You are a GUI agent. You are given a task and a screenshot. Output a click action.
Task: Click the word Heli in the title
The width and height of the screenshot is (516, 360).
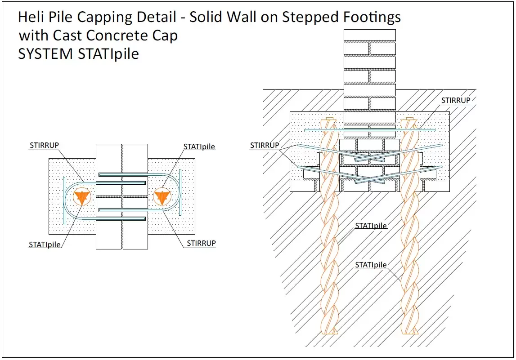(x=31, y=18)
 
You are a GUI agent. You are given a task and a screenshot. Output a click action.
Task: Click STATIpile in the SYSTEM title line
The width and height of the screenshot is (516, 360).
(x=108, y=54)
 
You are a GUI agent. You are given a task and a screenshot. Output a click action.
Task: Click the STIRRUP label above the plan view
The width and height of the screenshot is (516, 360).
(x=45, y=146)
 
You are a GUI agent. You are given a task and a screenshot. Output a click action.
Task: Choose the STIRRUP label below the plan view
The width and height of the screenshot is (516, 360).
(x=201, y=244)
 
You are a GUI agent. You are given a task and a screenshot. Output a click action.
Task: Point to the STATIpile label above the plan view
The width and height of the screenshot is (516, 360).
(x=199, y=147)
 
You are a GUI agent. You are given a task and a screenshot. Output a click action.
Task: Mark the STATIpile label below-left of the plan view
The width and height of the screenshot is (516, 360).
(x=45, y=244)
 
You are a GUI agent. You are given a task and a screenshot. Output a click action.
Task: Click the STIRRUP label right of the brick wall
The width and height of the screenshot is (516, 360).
(x=455, y=101)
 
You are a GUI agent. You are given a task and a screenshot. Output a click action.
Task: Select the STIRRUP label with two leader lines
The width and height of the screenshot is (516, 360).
(x=265, y=146)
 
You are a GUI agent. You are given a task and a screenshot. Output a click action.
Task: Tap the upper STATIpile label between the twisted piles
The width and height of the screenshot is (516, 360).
(x=371, y=226)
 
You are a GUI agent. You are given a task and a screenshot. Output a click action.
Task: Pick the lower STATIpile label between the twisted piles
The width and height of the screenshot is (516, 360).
(x=371, y=265)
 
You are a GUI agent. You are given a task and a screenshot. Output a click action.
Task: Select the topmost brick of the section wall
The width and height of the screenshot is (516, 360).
(x=370, y=35)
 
